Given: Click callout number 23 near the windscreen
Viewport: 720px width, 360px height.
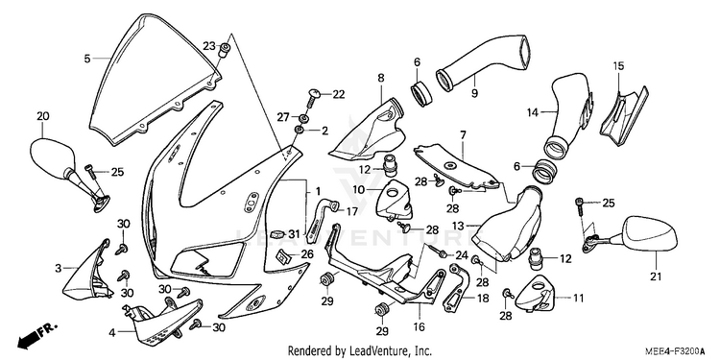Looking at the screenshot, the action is click(x=209, y=46).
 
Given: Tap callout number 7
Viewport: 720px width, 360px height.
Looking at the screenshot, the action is click(x=463, y=135).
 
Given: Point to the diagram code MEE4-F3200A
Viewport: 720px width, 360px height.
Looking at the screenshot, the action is click(x=675, y=351).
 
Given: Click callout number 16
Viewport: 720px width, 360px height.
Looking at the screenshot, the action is click(x=419, y=326).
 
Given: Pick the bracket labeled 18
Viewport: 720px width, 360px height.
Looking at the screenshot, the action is click(x=457, y=287).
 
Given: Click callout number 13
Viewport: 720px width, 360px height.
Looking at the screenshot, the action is click(x=458, y=226).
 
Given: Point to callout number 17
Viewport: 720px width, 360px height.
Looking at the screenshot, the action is click(x=351, y=212).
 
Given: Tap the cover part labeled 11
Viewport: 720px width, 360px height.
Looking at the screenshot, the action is click(x=535, y=294).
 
